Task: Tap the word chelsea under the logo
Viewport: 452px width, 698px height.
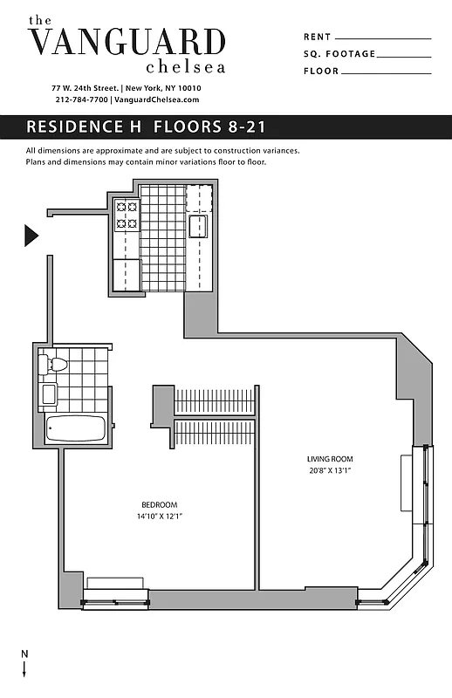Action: tap(185, 66)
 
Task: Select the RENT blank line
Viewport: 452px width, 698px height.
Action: tap(383, 38)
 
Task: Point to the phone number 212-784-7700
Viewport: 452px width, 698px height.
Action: tap(79, 99)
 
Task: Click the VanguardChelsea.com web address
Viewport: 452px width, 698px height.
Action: tap(157, 99)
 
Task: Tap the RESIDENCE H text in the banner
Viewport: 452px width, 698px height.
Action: tap(86, 127)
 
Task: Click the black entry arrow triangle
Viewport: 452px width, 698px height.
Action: tap(31, 236)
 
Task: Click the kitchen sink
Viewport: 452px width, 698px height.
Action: tap(200, 226)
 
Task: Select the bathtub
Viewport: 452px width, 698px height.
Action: tap(76, 428)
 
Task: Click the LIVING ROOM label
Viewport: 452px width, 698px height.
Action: tap(329, 460)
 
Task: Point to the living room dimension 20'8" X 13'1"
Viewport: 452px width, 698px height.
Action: tap(329, 471)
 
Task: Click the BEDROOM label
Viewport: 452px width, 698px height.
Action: tap(160, 505)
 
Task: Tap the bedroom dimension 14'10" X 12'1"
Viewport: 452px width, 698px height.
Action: tap(160, 517)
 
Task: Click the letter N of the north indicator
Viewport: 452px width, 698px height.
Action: tap(24, 654)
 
